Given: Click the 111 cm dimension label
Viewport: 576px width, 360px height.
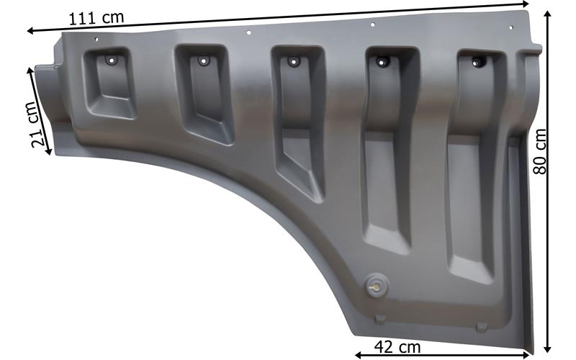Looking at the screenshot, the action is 96,18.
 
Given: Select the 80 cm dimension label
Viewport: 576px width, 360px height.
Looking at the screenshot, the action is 540,151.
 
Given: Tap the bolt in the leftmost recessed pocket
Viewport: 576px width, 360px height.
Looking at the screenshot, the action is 111,60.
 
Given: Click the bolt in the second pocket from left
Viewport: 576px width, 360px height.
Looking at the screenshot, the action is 203,60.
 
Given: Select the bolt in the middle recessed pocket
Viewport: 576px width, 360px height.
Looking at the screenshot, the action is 293,61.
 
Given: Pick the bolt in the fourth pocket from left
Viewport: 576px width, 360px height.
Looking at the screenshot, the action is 382,62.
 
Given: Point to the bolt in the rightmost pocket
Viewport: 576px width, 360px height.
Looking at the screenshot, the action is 477,63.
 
